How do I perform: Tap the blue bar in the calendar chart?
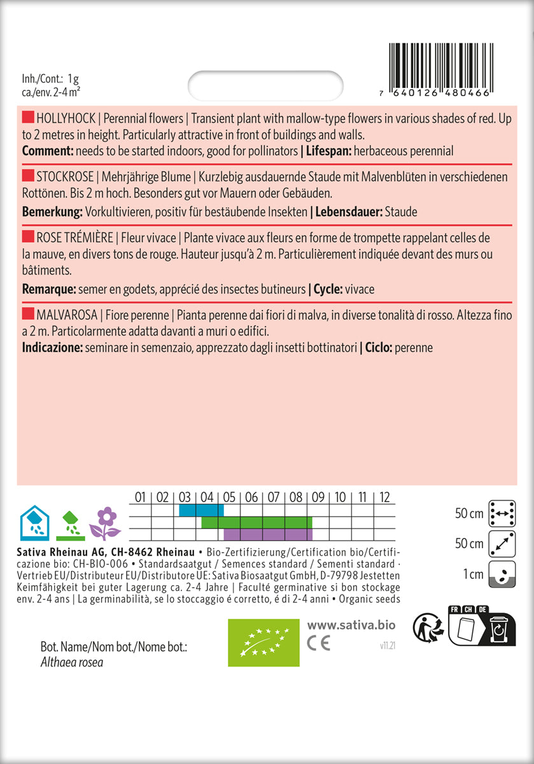pyautogui.click(x=201, y=510)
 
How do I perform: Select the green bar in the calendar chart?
pyautogui.click(x=256, y=522)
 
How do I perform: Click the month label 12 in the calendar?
pyautogui.click(x=384, y=497)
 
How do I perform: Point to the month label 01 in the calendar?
pyautogui.click(x=141, y=497)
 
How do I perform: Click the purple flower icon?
pyautogui.click(x=105, y=523)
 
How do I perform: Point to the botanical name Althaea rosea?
pyautogui.click(x=72, y=663)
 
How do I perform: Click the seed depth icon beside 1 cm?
pyautogui.click(x=500, y=575)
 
